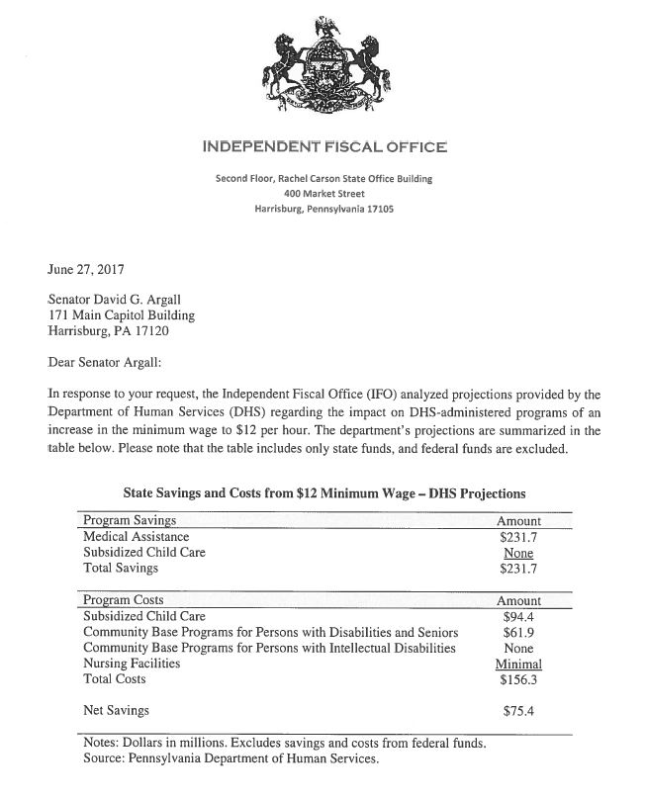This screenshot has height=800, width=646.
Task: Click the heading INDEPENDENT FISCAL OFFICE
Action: pyautogui.click(x=323, y=147)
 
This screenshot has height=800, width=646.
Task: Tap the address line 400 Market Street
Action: pyautogui.click(x=323, y=194)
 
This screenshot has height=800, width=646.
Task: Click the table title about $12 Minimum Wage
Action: pyautogui.click(x=324, y=491)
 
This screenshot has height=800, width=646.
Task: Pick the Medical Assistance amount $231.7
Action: pyautogui.click(x=518, y=536)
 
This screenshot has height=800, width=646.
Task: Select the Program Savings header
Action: pyautogui.click(x=130, y=520)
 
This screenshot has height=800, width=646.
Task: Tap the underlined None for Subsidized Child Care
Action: pyautogui.click(x=518, y=552)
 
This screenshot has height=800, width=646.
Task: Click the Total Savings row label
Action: pyautogui.click(x=121, y=569)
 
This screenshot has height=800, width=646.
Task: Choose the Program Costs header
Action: pyautogui.click(x=124, y=599)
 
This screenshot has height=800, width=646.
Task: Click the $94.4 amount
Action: pyautogui.click(x=518, y=616)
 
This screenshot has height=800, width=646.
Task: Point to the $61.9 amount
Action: pyautogui.click(x=518, y=632)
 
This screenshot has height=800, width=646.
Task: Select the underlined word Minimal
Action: pyautogui.click(x=518, y=664)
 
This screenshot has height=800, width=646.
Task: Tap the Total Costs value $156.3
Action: pyautogui.click(x=518, y=679)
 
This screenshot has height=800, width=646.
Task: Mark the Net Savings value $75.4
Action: pyautogui.click(x=518, y=710)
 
